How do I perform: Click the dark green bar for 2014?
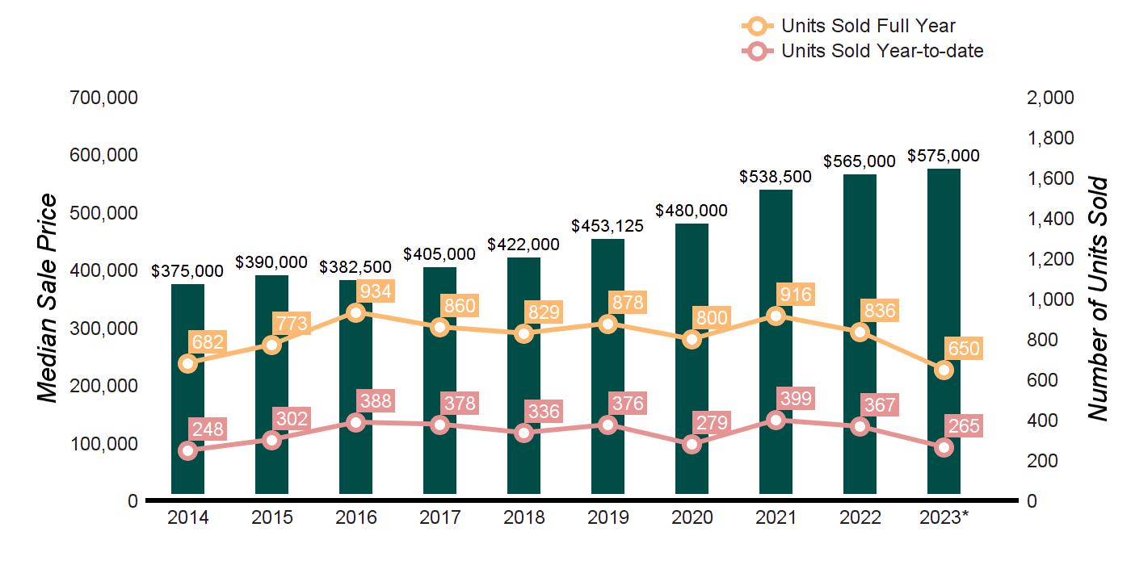tap(187, 387)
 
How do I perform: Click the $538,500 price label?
tap(776, 177)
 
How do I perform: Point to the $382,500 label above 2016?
tap(355, 266)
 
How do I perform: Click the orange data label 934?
tap(375, 292)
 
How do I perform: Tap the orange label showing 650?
tap(964, 349)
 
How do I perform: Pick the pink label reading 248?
tap(208, 429)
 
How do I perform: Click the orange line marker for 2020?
tap(692, 339)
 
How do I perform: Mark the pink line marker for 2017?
tap(439, 425)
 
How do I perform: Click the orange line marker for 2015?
tap(271, 345)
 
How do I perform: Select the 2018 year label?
tap(523, 517)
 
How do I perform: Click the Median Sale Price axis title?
tap(48, 299)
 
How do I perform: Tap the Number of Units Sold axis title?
tap(1096, 299)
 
